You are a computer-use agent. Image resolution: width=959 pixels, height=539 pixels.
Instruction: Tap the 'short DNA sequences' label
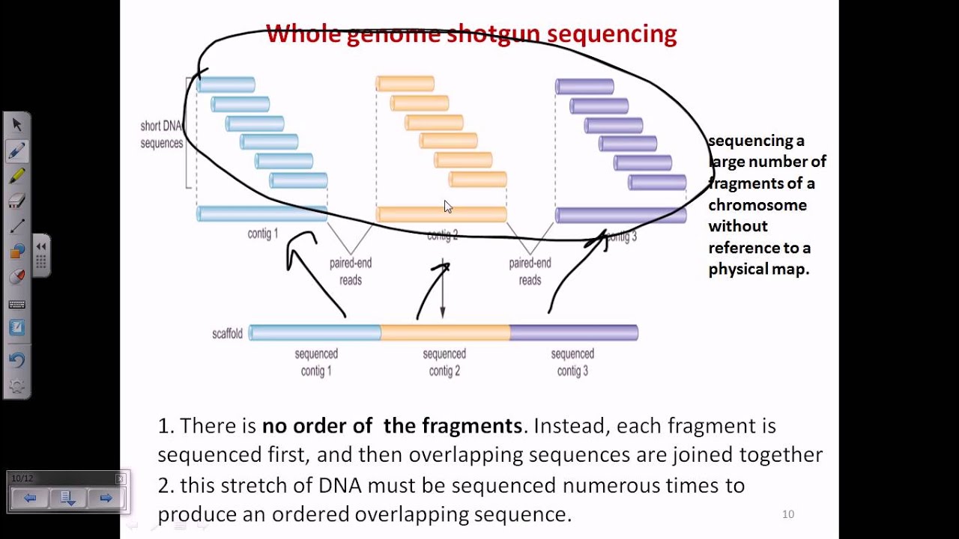pos(161,135)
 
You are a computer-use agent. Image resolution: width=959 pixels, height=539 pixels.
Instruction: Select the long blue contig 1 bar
pos(261,214)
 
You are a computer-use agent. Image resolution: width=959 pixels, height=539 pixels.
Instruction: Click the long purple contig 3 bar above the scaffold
pos(620,216)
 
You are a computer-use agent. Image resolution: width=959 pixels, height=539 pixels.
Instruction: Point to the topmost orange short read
pos(405,84)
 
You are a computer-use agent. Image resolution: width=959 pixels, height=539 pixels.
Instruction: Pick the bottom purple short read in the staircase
pos(657,182)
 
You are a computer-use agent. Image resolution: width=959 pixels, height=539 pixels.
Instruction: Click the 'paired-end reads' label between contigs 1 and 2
pos(351,272)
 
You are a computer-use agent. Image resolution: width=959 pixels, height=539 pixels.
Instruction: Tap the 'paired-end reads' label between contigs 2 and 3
pos(530,272)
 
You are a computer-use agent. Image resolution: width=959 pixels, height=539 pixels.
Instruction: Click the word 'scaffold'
pos(227,333)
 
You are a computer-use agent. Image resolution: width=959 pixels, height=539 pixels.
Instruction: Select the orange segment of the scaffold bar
pos(445,332)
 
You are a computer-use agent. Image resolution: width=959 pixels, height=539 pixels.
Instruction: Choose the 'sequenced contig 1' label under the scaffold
pos(316,362)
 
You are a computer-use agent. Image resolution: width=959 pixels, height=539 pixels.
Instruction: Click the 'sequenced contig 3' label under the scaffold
pos(572,362)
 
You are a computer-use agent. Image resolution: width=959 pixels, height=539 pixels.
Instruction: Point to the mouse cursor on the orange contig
pos(447,207)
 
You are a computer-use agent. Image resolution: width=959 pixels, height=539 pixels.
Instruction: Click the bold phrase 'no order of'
pos(317,426)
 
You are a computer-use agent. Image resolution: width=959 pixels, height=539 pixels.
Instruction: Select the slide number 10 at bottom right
pos(787,514)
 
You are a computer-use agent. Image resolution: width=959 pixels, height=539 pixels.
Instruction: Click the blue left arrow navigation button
pos(30,498)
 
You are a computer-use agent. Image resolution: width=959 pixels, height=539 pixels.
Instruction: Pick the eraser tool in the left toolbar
pos(16,201)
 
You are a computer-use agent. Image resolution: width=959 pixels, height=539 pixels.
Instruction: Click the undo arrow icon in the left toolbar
pos(16,359)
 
